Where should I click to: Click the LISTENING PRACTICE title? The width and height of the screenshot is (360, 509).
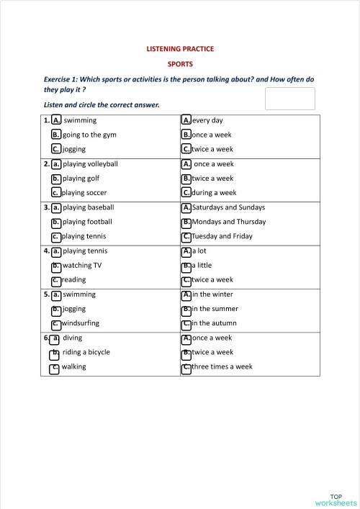[180, 49]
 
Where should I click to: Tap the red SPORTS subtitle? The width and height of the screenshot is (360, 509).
[180, 63]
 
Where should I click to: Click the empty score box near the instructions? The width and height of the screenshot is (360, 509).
[289, 99]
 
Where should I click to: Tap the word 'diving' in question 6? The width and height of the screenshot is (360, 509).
[72, 338]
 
